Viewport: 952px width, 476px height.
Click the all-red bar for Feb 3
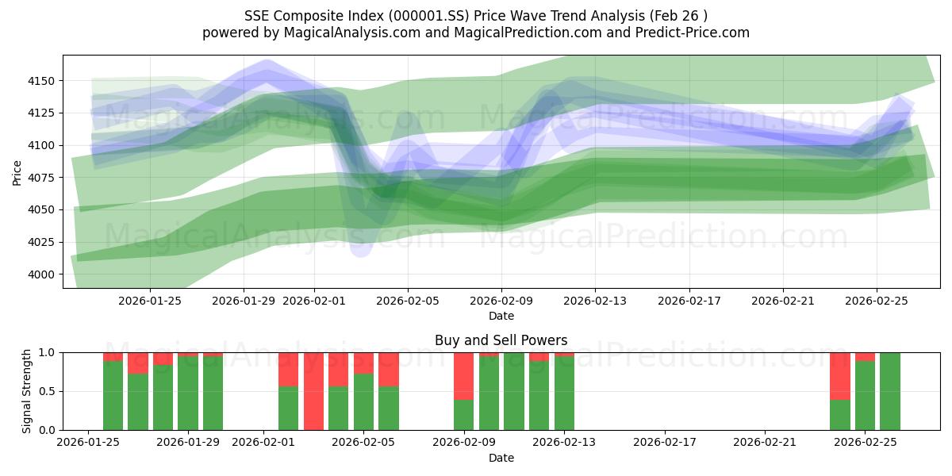pyautogui.click(x=313, y=391)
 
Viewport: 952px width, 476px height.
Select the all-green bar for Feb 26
pyautogui.click(x=890, y=391)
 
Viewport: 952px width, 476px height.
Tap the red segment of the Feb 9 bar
pyautogui.click(x=463, y=375)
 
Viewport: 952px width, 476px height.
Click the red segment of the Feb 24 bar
pyautogui.click(x=839, y=375)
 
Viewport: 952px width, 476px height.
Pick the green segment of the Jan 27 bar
pyautogui.click(x=138, y=401)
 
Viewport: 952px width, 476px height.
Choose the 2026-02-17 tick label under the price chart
pyautogui.click(x=689, y=301)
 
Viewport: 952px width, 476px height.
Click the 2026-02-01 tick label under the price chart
pyautogui.click(x=314, y=301)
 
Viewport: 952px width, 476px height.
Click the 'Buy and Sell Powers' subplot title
pyautogui.click(x=501, y=340)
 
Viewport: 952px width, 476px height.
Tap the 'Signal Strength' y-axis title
pyautogui.click(x=28, y=391)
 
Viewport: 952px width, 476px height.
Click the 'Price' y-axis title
pyautogui.click(x=17, y=173)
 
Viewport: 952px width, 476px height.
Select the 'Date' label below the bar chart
pyautogui.click(x=501, y=458)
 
